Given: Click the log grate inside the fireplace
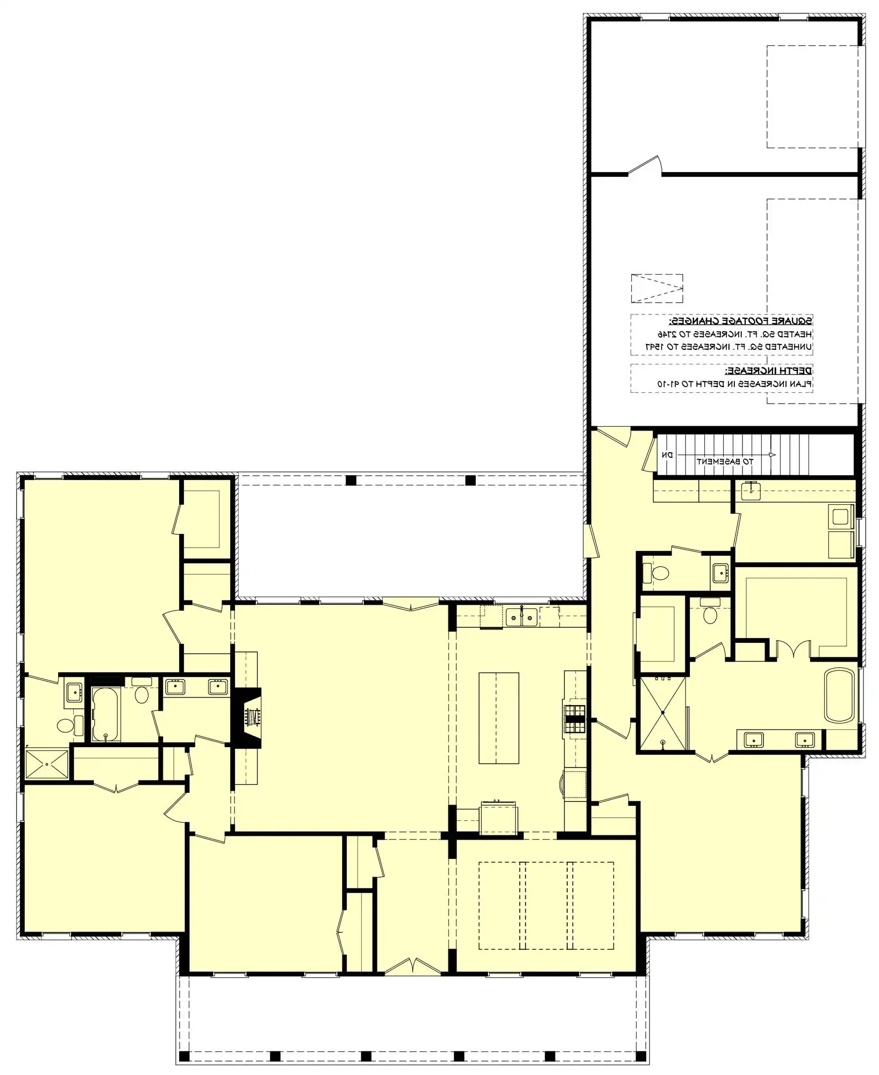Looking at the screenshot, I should pos(252,715).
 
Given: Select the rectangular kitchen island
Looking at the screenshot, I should pos(499,718).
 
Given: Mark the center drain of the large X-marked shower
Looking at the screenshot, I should pos(662,713).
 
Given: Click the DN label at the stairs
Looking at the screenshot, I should pos(667,455).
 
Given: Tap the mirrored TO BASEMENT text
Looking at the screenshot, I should pos(725,461).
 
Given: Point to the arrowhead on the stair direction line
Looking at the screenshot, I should pos(773,455).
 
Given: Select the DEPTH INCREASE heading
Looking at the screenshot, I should pos(769,371).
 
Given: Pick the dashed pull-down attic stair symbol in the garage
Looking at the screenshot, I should pos(656,289).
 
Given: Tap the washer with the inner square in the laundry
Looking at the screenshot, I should pos(840,517).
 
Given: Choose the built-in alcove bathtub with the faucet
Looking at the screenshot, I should pos(106,713).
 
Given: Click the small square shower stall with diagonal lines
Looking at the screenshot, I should pos(47,764).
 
